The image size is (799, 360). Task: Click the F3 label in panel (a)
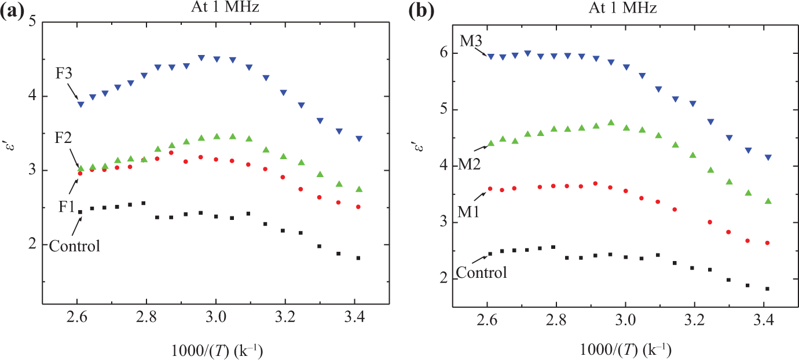pos(64,73)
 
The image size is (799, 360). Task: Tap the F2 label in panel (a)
pos(63,138)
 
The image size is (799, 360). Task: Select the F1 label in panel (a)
pos(67,207)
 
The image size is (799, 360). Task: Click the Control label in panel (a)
pos(75,246)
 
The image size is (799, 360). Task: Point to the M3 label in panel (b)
pos(471,41)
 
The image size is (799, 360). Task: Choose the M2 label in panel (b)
pos(470,164)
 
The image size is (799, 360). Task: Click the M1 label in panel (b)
pos(469,212)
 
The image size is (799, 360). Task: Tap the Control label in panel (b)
pos(481,273)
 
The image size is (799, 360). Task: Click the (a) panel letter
pos(12,13)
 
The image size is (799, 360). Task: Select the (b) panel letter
pos(422,13)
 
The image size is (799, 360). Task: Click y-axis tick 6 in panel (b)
pos(444,53)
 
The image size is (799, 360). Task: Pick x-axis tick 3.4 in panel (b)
pos(764,320)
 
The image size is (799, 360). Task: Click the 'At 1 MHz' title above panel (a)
pos(225,7)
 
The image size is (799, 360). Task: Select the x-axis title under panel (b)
pos(625,350)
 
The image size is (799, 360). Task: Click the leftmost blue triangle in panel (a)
pos(81,104)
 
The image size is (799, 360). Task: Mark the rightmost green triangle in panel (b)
pos(768,201)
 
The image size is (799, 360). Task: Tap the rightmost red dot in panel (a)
pos(358,207)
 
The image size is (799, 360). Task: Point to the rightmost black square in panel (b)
pos(767,289)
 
